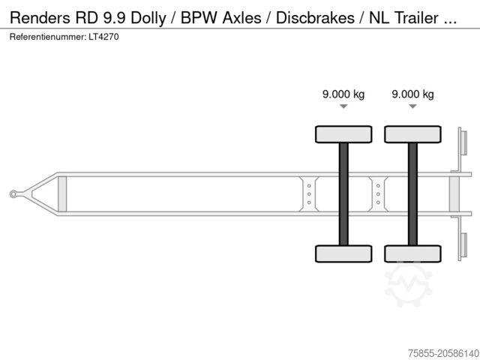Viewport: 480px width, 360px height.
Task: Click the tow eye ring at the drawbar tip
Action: pos(13,194)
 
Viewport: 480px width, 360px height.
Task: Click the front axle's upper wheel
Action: pos(343,134)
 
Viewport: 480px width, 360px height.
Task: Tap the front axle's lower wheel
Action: pos(343,253)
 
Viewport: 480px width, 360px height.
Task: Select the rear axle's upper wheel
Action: pos(412,134)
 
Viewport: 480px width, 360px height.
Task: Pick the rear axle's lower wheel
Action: pos(412,253)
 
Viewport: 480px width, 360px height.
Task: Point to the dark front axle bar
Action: pos(343,193)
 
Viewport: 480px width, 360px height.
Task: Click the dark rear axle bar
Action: pos(412,193)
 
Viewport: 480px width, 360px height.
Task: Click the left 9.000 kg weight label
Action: pos(343,94)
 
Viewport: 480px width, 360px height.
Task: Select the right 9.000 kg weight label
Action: pos(412,94)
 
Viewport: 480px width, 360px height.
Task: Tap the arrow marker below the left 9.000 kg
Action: pos(343,107)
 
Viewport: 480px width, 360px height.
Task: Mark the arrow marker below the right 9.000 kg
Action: pos(412,107)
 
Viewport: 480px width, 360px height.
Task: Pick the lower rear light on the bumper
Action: pos(462,246)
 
